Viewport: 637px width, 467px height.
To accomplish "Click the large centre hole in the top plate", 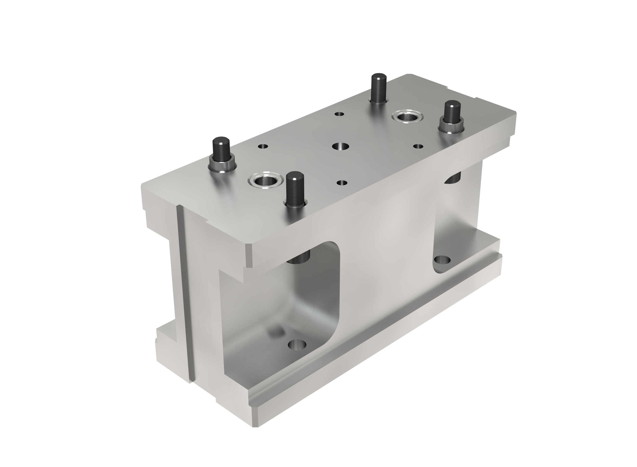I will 340,146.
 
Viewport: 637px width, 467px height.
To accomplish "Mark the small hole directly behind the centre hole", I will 339,114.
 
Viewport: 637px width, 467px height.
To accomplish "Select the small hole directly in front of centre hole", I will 342,183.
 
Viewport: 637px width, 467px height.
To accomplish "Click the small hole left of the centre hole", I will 263,146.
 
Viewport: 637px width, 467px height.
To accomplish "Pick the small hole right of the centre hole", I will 418,146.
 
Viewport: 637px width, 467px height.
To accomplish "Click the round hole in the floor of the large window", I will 297,345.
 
